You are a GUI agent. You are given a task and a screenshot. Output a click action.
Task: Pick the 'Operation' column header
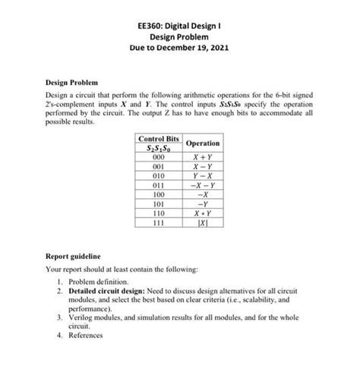[202, 143]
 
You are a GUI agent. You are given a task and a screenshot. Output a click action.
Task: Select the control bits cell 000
[158, 158]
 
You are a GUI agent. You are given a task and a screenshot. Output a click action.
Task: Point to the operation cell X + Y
[202, 158]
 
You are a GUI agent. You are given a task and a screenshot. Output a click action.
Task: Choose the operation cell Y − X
[202, 175]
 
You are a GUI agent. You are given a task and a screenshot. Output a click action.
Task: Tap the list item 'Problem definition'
[106, 280]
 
